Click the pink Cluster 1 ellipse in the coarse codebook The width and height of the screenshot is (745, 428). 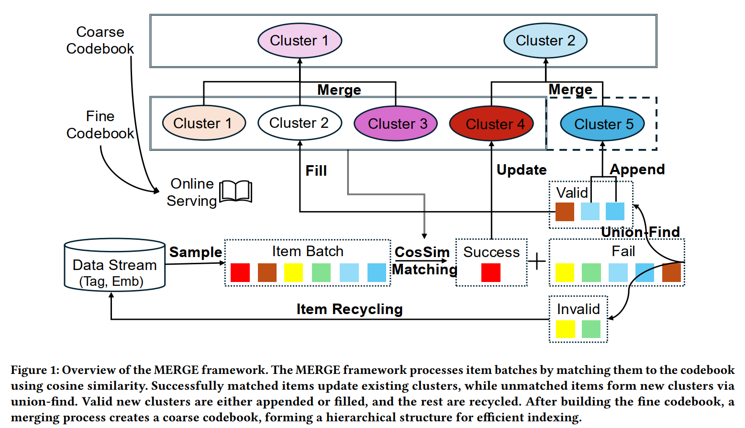click(x=300, y=41)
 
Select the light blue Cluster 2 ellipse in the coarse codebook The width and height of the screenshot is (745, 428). click(x=545, y=41)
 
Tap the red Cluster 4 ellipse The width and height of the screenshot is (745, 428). click(x=491, y=124)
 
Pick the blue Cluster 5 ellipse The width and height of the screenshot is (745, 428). click(x=602, y=124)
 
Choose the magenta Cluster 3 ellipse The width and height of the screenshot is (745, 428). click(x=396, y=124)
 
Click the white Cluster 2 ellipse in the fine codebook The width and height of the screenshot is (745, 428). click(x=300, y=123)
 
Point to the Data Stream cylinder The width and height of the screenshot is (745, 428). click(x=115, y=266)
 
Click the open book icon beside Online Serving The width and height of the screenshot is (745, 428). click(x=236, y=191)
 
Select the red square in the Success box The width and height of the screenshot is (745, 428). click(x=491, y=272)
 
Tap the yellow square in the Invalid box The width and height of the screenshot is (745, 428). click(x=565, y=329)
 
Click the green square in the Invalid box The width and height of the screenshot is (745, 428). click(x=591, y=329)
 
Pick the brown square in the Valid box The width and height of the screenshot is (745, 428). click(x=565, y=212)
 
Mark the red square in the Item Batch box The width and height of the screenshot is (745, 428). click(x=240, y=272)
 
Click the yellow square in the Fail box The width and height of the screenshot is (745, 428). click(x=565, y=272)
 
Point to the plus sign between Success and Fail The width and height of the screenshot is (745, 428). click(x=537, y=261)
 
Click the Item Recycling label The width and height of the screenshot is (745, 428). click(x=349, y=309)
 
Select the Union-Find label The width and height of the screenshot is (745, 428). click(x=640, y=232)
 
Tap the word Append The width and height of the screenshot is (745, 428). click(x=637, y=169)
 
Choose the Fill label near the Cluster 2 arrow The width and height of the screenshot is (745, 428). click(x=316, y=171)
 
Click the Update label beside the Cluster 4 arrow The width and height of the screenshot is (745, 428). click(x=522, y=170)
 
